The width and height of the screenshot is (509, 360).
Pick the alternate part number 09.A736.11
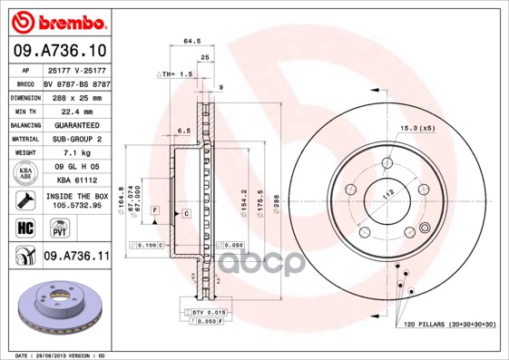76,257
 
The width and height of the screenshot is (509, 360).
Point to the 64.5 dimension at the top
191,41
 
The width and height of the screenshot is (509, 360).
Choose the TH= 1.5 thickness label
176,73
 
